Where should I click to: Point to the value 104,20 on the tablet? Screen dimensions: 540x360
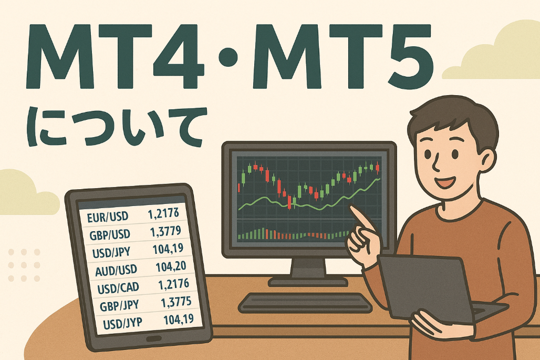[x=171, y=266]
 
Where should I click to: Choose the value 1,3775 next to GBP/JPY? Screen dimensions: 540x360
[x=176, y=302]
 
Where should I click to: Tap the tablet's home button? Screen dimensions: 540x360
[x=154, y=338]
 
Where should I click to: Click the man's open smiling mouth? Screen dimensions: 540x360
[x=445, y=181]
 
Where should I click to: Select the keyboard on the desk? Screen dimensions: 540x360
[x=305, y=303]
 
